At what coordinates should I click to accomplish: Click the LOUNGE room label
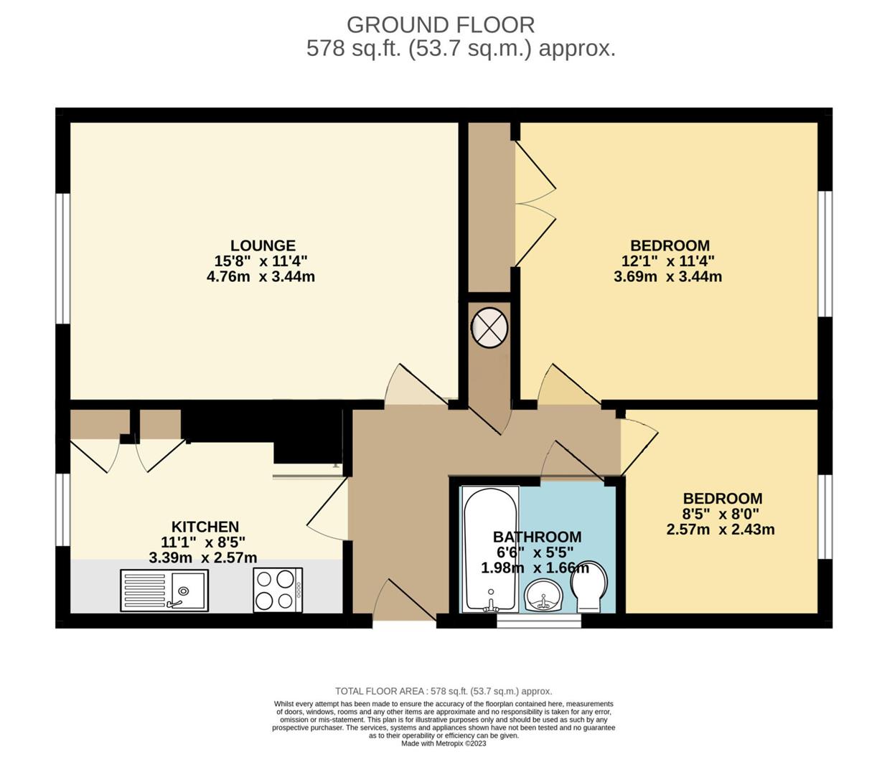263,245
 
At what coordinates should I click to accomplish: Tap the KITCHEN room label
205,527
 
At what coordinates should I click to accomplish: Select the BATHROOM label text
537,537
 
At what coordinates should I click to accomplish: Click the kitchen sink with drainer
164,590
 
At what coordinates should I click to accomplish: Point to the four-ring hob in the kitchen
278,590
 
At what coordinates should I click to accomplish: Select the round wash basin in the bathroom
544,596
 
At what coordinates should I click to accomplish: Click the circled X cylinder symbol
489,327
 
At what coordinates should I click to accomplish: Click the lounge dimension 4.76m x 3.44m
261,276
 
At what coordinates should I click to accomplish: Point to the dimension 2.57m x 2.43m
720,530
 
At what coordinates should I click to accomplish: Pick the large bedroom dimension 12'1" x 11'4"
668,260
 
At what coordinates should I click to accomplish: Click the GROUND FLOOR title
440,25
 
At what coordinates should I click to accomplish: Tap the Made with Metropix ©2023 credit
444,743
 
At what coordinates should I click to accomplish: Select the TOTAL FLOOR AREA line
444,691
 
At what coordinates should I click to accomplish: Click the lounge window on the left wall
63,258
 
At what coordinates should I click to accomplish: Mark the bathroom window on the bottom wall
538,621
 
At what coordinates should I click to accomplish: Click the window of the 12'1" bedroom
825,253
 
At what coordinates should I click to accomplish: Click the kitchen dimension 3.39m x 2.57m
203,558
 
